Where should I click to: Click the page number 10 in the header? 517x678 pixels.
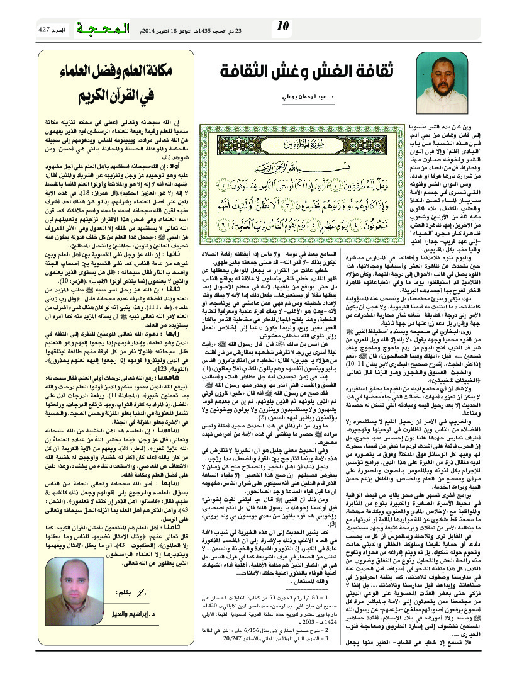[x=282, y=26]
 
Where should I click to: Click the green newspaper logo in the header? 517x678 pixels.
[x=103, y=29]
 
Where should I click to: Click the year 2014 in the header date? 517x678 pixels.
[x=151, y=30]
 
